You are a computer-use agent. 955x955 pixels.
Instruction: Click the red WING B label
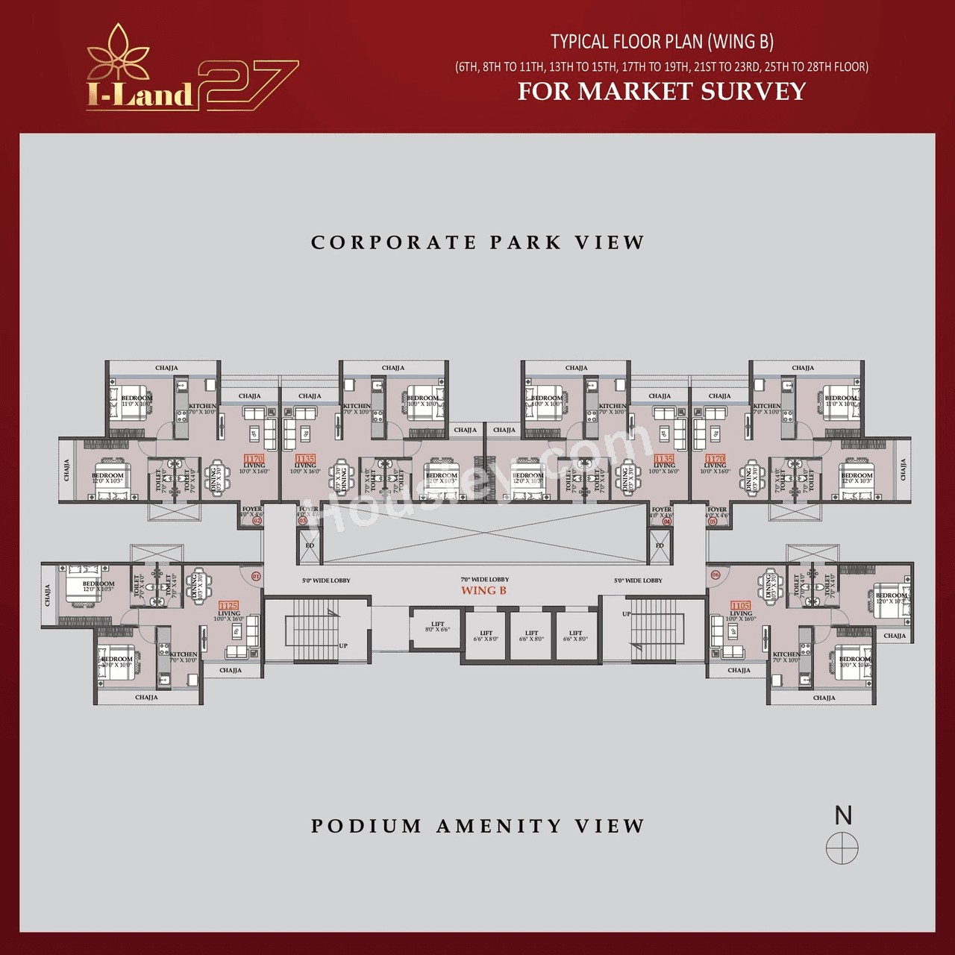[x=483, y=591]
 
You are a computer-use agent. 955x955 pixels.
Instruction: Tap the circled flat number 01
[x=256, y=576]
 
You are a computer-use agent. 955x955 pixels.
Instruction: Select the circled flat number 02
[x=257, y=521]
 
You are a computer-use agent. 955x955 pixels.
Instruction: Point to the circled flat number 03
[x=303, y=521]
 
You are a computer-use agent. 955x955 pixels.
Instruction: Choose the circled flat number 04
[x=667, y=521]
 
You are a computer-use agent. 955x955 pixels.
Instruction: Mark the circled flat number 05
[x=713, y=521]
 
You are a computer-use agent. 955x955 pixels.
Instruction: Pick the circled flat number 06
[x=716, y=575]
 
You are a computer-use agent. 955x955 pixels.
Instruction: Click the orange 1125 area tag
[x=228, y=606]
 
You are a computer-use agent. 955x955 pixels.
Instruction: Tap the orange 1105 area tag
[x=740, y=606]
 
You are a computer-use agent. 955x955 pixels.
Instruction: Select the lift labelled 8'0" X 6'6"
[x=437, y=627]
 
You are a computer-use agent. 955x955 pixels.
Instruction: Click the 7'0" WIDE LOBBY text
[x=484, y=580]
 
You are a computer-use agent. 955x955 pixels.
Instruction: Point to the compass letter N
[x=843, y=815]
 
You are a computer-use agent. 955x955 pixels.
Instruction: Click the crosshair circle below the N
[x=842, y=848]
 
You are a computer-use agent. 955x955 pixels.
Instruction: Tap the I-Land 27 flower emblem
[x=119, y=52]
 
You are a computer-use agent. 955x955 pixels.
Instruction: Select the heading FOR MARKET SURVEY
[x=662, y=91]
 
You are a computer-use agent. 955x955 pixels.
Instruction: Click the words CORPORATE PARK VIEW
[x=477, y=242]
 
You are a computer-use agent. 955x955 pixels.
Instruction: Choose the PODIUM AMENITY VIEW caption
[x=477, y=826]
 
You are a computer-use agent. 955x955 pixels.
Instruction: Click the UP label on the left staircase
[x=342, y=646]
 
